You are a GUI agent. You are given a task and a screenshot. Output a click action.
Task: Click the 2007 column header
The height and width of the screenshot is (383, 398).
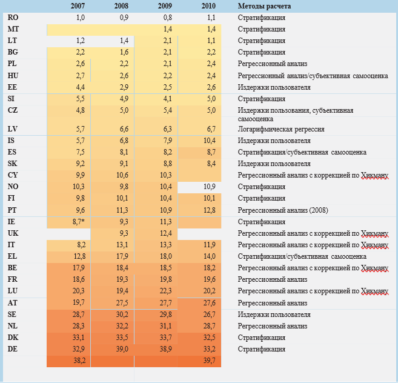[x=77, y=6]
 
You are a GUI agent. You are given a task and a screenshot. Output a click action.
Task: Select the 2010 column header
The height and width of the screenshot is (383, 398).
[x=209, y=6]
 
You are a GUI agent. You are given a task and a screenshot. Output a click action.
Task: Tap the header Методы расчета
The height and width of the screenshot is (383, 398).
[x=265, y=6]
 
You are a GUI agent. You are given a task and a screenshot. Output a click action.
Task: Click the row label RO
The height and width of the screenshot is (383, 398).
[x=13, y=18]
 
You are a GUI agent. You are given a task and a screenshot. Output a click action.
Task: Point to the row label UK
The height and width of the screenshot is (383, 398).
[x=13, y=233]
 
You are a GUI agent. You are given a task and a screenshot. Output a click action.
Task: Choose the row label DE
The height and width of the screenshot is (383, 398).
[x=13, y=348]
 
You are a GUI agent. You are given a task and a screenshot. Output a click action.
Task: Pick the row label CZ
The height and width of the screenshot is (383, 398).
[x=13, y=110]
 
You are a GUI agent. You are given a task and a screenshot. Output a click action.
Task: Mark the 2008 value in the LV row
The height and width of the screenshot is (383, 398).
[x=121, y=129]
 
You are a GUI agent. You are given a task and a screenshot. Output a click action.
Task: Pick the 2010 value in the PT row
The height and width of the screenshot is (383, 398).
[x=209, y=210]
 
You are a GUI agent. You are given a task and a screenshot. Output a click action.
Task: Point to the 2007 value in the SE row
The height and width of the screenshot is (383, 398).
[x=77, y=314]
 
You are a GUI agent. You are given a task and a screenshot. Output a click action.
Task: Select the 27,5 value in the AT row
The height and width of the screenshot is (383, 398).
[x=121, y=302]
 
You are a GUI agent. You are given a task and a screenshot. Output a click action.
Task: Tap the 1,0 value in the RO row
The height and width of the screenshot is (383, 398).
[x=79, y=18]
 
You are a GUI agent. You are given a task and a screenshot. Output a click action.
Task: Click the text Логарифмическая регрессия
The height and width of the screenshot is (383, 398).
[x=280, y=129]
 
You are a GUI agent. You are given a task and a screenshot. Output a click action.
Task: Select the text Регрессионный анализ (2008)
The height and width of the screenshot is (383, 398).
[x=284, y=210]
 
